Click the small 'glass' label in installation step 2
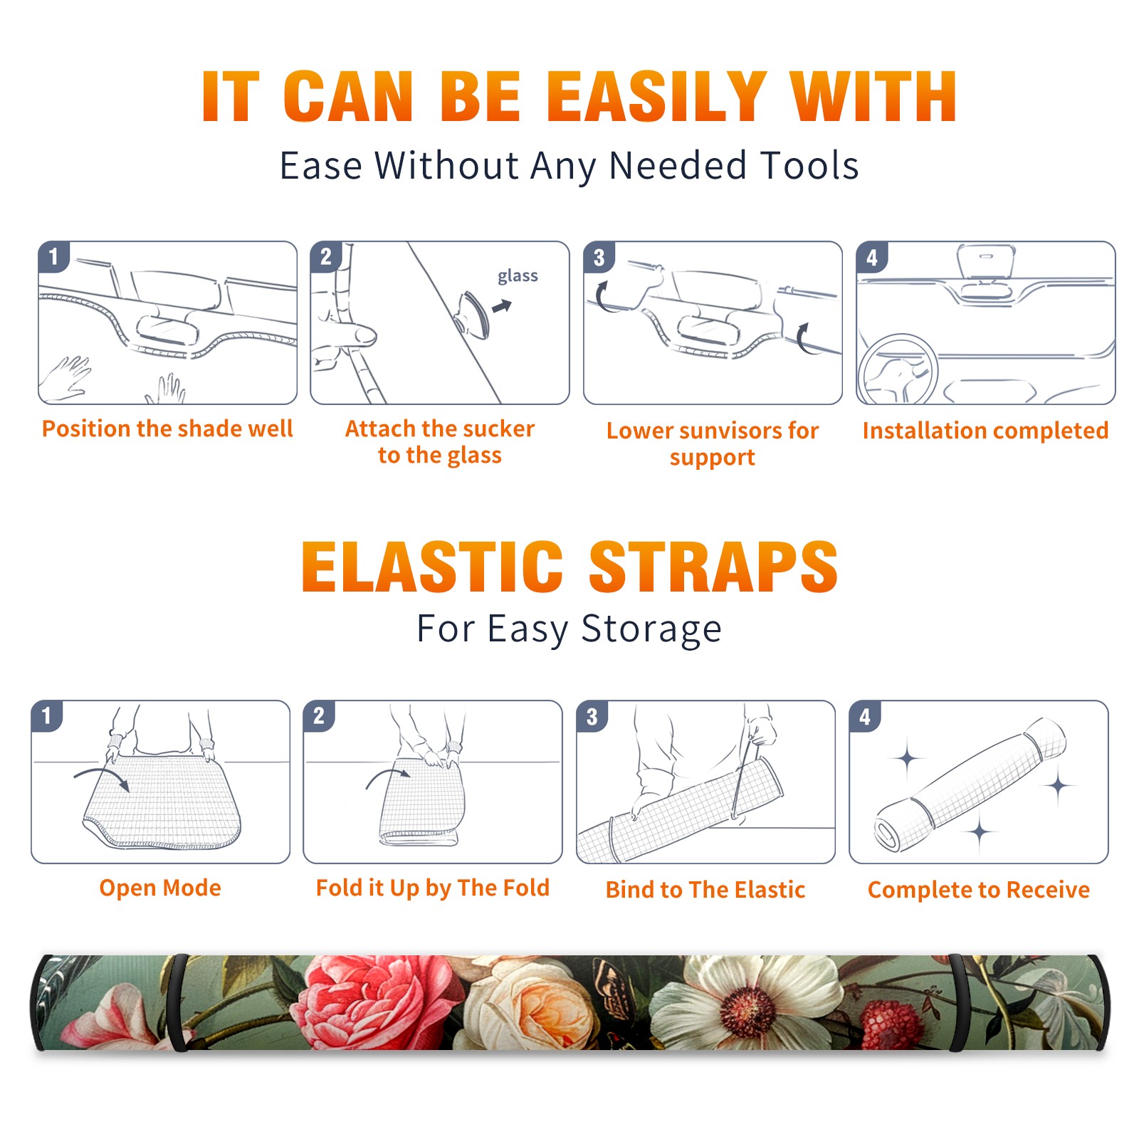tap(518, 276)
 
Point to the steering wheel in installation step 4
tap(898, 369)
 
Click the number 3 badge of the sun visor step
tap(599, 257)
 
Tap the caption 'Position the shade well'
tap(167, 429)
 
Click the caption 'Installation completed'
tap(985, 431)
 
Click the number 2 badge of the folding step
tap(318, 715)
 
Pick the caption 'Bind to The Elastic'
tap(705, 890)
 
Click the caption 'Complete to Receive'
tap(979, 890)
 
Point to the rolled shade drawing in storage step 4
tap(970, 784)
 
